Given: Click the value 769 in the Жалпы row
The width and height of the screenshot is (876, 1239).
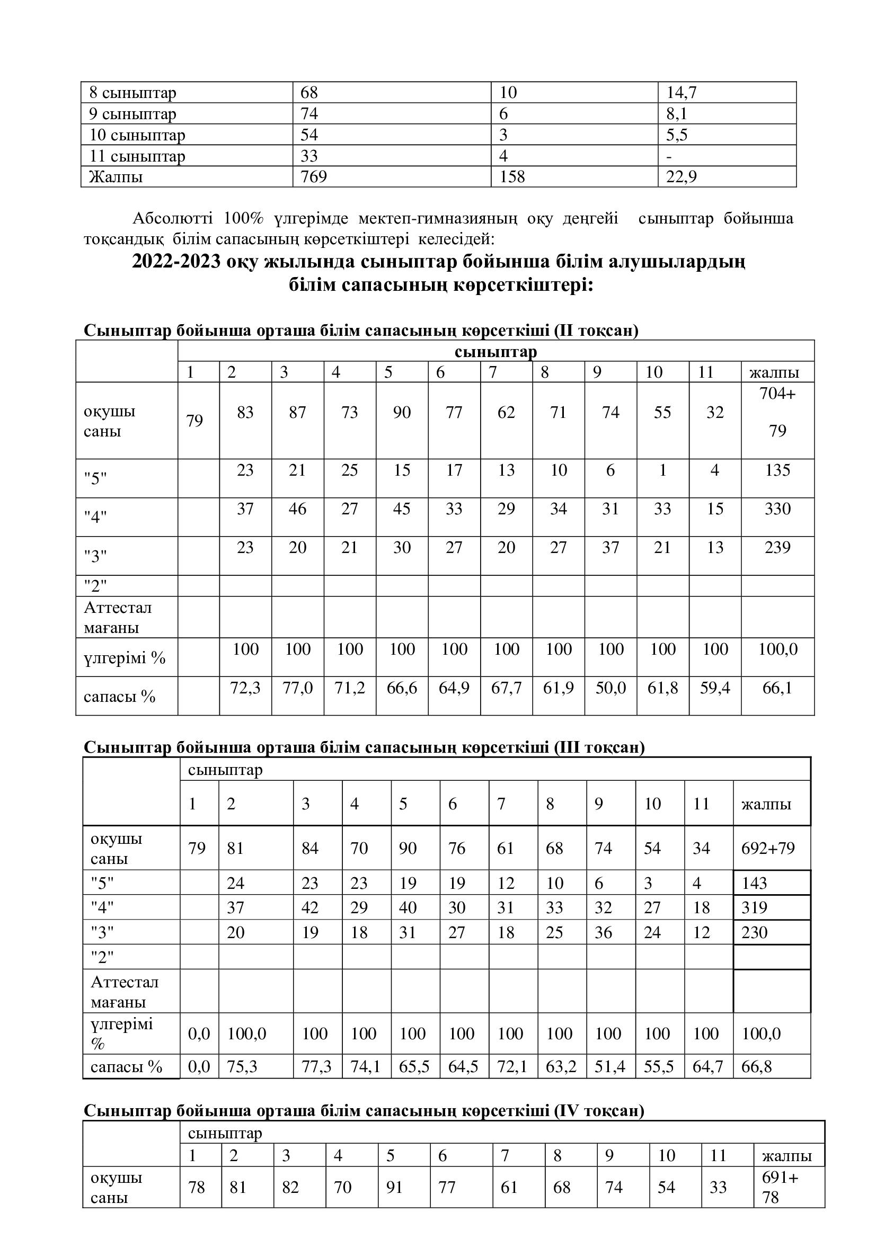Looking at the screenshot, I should [x=314, y=177].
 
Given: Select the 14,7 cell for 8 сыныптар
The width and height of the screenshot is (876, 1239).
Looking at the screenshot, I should [x=681, y=93].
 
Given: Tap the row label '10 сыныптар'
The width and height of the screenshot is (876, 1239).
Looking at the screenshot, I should [x=137, y=135].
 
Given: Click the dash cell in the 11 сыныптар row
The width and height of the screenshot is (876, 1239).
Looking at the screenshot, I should [x=669, y=156].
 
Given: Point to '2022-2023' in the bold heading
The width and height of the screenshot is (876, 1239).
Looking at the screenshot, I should [x=176, y=262].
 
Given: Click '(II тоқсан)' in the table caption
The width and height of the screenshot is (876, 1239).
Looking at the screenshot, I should [x=595, y=330].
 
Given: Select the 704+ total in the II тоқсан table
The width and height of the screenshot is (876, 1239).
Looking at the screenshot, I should [x=777, y=394].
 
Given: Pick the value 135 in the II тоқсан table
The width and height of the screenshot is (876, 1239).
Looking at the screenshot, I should [x=777, y=470].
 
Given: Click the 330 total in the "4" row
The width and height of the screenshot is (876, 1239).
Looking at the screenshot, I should [x=777, y=509].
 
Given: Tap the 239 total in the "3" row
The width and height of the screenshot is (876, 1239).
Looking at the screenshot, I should [x=777, y=548].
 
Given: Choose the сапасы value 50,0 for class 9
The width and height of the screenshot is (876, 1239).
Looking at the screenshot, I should [x=610, y=688].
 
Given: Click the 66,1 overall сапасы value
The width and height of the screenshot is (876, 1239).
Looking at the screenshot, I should [x=777, y=688].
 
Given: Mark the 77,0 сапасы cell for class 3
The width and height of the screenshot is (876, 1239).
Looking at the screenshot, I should [x=297, y=688].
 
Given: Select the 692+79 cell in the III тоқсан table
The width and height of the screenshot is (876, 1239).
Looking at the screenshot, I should [x=768, y=848].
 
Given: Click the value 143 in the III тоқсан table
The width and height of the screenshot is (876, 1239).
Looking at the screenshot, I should [x=754, y=883].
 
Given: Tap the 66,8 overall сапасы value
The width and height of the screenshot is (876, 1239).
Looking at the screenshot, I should [x=756, y=1067].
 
